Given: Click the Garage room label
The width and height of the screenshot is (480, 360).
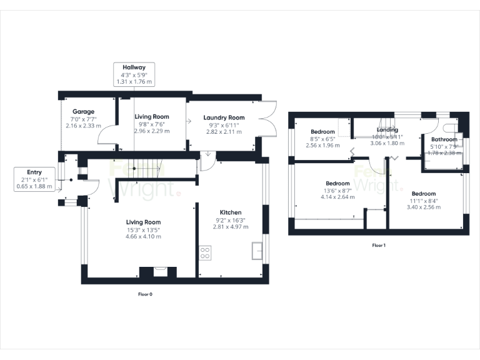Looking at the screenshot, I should tap(83, 112).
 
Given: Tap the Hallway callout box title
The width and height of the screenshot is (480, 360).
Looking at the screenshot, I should tap(134, 67).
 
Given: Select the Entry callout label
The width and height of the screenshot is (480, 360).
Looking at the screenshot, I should tap(34, 172).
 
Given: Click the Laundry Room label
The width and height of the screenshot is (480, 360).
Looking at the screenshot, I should tap(223, 117).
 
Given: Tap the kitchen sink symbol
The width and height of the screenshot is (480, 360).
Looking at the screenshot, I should tap(257, 250).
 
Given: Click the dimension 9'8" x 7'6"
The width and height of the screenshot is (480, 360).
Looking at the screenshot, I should tap(152, 124).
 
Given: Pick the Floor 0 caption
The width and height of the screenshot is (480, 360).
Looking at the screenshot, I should tap(145, 293).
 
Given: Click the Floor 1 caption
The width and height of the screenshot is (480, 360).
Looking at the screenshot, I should tap(379, 246).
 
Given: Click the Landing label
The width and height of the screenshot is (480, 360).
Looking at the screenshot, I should tap(387, 130).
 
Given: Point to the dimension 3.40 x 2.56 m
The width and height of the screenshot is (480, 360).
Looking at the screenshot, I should tap(423, 207).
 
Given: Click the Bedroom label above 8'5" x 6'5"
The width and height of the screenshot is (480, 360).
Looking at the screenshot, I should tap(323, 131).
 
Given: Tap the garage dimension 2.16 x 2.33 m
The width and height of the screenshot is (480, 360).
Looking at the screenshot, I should tap(83, 126).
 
